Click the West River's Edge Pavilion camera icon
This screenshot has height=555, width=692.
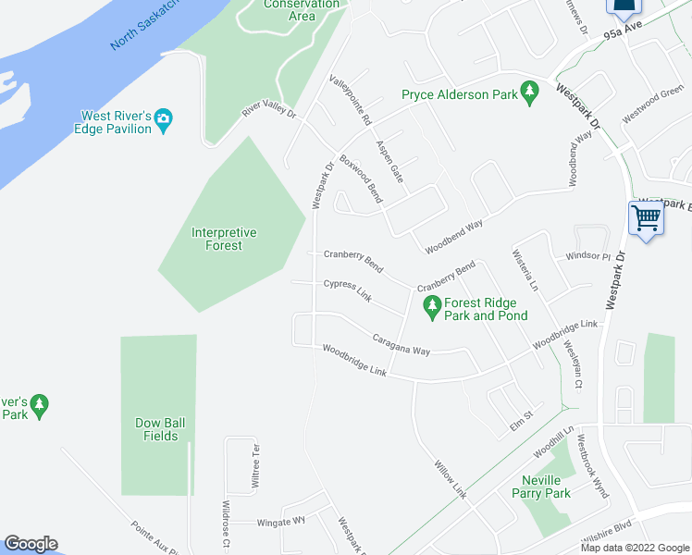(x=164, y=117)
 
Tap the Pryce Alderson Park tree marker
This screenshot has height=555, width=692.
(x=529, y=93)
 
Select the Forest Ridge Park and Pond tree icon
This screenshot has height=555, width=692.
(x=431, y=304)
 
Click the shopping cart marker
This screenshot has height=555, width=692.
(x=646, y=219)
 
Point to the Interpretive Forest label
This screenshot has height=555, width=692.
(x=224, y=239)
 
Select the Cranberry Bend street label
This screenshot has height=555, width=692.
(x=352, y=260)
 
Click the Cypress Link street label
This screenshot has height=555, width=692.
(x=347, y=290)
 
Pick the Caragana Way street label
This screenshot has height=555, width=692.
(x=402, y=344)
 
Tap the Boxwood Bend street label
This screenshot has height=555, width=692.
(x=361, y=179)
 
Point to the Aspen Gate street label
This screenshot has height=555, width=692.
(x=389, y=161)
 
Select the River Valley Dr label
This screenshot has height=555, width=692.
(x=268, y=107)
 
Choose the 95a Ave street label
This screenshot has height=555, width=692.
(x=622, y=34)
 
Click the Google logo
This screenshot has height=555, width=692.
(x=31, y=544)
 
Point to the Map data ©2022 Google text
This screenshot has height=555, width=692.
(x=635, y=548)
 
